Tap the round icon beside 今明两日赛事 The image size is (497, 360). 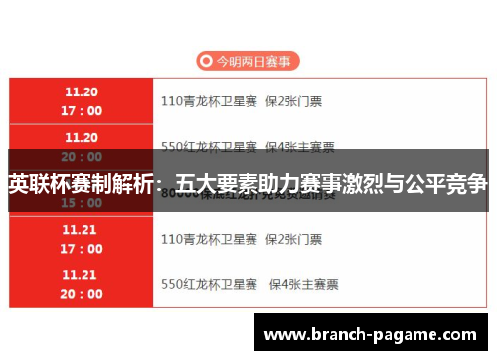[x=206, y=62]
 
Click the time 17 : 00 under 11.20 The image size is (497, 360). [x=82, y=110]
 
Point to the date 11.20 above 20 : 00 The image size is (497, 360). [x=82, y=136]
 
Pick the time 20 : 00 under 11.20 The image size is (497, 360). [x=82, y=156]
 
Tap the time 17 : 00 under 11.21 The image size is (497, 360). [x=82, y=249]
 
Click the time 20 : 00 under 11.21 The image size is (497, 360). [x=82, y=294]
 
